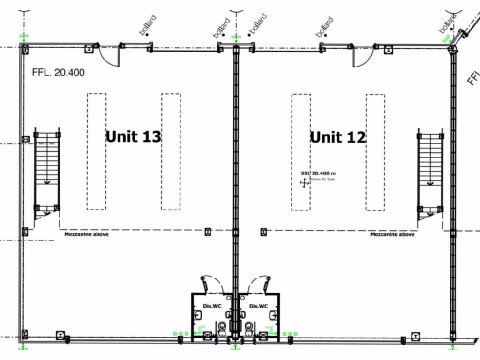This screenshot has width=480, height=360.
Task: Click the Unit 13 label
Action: pos(133,136)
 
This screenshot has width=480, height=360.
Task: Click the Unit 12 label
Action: pos(338,137)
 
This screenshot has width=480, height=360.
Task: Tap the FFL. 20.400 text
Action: pos(58,73)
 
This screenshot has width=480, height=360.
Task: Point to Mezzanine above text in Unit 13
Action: pos(86,234)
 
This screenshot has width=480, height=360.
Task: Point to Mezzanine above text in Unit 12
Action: pos(392,234)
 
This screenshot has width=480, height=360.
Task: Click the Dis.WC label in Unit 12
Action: pos(258,306)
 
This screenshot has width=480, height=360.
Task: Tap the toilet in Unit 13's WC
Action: pos(222,327)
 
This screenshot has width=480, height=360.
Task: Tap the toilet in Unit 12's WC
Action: pos(248,327)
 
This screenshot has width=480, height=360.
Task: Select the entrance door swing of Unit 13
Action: pos(109,56)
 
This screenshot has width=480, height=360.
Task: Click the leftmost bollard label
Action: pos(147,25)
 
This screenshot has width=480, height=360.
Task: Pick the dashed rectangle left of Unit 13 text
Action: pos(96,151)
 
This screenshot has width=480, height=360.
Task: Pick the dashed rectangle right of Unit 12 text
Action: pos(375,152)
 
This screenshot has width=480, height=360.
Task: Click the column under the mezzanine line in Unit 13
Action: pos(208,231)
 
